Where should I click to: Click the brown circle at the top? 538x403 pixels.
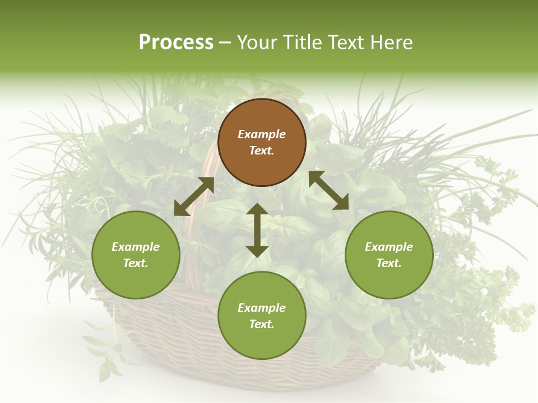coord(262,143)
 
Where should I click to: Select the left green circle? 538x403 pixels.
coord(136,255)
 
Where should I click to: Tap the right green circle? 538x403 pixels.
coord(389,255)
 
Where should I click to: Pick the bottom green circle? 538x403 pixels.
coord(262,316)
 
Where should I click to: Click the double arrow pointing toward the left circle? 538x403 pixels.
coord(194,196)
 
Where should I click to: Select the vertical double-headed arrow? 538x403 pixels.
coord(257,230)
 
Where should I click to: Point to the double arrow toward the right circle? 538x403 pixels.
coord(329,190)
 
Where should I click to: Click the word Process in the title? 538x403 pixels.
coord(176,43)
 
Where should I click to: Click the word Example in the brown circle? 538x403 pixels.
coord(262,134)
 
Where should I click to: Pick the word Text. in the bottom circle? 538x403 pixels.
coord(262,324)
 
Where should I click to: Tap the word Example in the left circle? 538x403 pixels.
coord(136,247)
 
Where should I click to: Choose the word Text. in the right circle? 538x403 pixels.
coord(389,263)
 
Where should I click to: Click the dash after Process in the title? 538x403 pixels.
coord(225,43)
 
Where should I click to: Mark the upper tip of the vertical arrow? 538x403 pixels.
coord(257,205)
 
